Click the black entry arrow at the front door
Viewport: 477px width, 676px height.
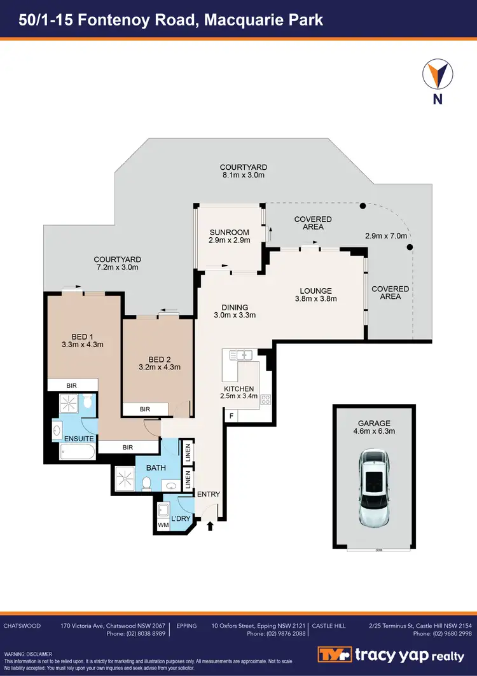point(211,525)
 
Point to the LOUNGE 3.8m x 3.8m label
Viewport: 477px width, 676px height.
point(317,294)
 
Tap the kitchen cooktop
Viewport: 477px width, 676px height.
point(265,400)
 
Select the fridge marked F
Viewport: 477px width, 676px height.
point(231,417)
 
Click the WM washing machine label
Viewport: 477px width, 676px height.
point(163,525)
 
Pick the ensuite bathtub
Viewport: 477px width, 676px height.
point(76,452)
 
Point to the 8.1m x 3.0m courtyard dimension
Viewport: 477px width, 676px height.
point(243,175)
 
